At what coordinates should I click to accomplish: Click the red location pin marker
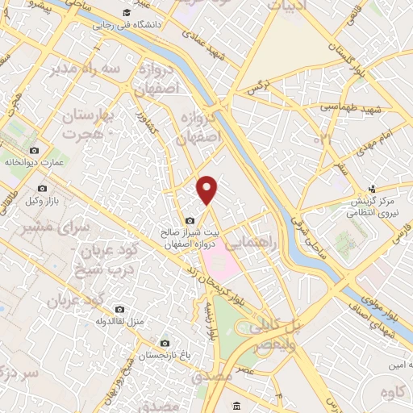(x=207, y=190)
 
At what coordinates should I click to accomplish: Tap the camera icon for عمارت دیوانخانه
(x=34, y=151)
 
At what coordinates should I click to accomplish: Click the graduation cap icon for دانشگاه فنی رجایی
(x=126, y=14)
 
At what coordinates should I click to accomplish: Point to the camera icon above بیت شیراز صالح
(x=190, y=221)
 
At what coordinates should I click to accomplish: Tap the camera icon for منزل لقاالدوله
(x=120, y=309)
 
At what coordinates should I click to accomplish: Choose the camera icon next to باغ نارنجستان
(x=165, y=342)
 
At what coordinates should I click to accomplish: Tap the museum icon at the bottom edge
(x=235, y=405)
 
